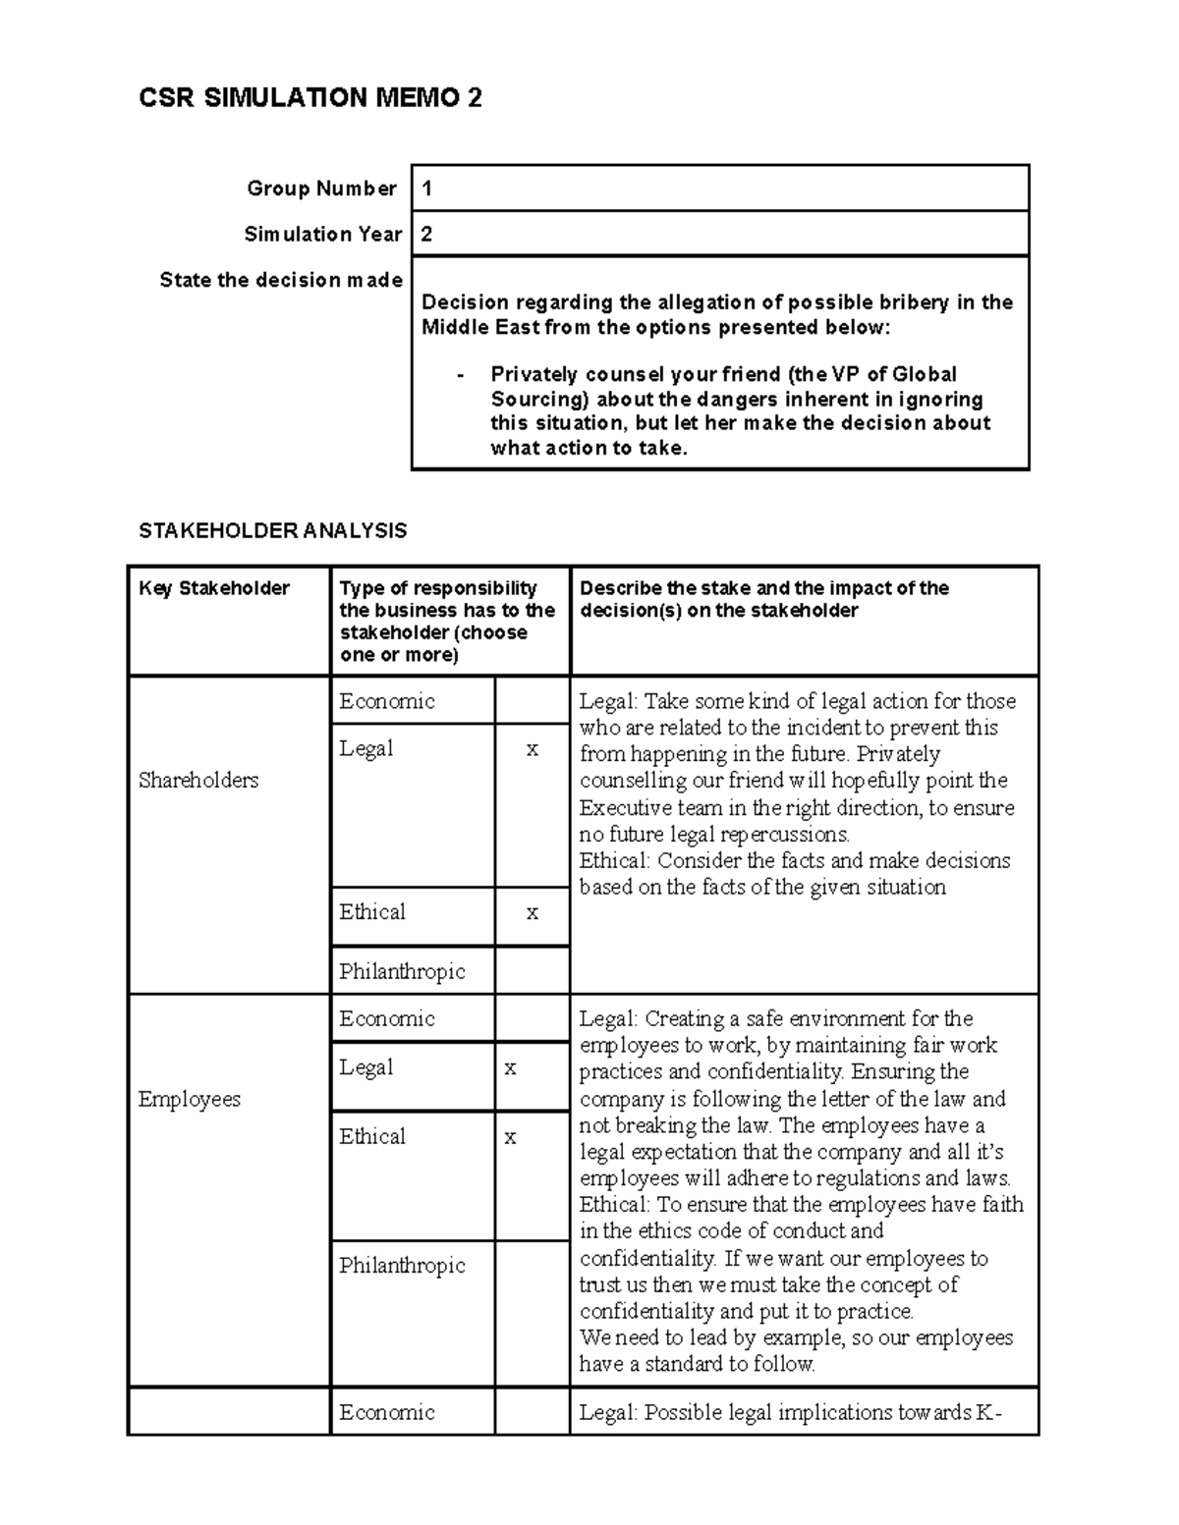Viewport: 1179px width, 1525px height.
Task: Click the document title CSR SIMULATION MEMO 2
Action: [x=310, y=98]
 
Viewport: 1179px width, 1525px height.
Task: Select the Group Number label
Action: [x=321, y=189]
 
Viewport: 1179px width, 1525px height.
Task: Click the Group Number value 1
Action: [x=427, y=189]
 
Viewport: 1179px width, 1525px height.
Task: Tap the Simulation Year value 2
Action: [x=427, y=235]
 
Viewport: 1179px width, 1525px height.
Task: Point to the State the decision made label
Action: [x=281, y=280]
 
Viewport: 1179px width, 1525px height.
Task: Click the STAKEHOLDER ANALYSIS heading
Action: [x=272, y=531]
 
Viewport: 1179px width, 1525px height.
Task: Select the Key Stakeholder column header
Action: [x=214, y=588]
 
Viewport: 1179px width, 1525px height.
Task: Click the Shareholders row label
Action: [x=198, y=781]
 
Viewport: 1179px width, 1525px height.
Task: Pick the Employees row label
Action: [x=190, y=1099]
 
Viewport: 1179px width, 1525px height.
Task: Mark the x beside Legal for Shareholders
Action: [x=532, y=749]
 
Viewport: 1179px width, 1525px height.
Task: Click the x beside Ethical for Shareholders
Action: [x=532, y=912]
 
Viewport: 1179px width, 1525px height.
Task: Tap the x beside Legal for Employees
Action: [x=510, y=1067]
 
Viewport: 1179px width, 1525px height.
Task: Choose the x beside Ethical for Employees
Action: [x=510, y=1137]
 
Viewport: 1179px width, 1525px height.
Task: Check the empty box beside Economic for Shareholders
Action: [x=532, y=701]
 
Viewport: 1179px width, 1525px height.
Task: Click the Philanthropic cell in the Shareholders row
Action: [x=402, y=971]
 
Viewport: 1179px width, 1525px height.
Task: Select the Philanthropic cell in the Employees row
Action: [x=402, y=1266]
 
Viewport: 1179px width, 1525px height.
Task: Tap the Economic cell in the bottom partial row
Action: [x=387, y=1412]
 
